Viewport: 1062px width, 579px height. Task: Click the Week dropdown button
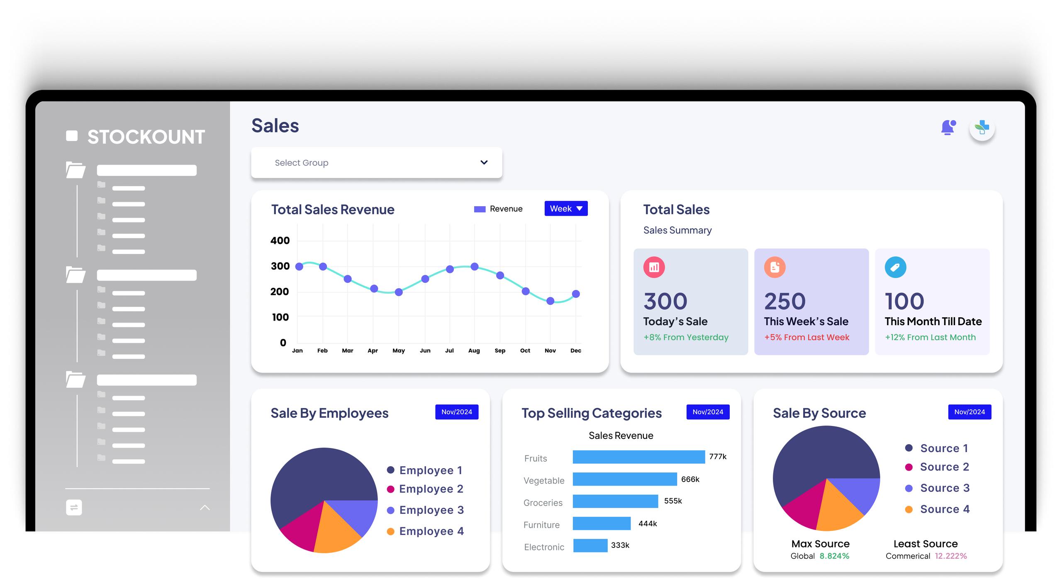point(566,209)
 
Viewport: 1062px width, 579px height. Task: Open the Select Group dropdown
point(376,163)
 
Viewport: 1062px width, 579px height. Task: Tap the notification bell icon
point(948,127)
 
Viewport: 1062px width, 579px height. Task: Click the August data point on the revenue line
point(475,267)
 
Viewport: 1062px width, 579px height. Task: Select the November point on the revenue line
point(550,301)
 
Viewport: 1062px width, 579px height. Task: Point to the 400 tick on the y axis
point(280,241)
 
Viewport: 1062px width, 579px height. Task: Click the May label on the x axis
point(398,351)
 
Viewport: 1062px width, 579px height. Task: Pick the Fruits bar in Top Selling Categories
point(638,457)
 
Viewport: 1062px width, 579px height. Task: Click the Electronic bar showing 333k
point(590,545)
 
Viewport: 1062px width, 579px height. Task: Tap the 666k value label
point(690,479)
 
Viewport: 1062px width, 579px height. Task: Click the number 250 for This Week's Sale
point(784,302)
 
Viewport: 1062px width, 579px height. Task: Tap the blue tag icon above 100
point(895,268)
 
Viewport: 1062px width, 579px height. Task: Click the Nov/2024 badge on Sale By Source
point(969,412)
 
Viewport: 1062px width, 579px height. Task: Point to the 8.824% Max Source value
point(834,556)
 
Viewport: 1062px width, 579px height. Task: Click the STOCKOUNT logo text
point(146,137)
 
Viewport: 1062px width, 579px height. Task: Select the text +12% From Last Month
point(930,338)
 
